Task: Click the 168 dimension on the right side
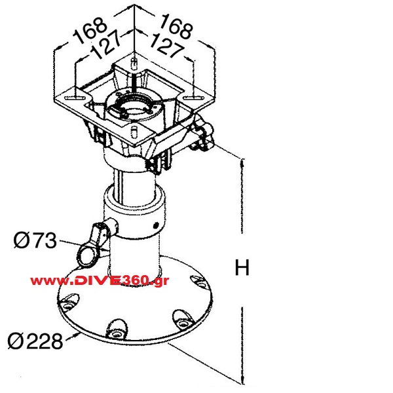pyautogui.click(x=176, y=26)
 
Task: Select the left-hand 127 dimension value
pyautogui.click(x=105, y=45)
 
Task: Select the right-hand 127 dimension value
pyautogui.click(x=166, y=45)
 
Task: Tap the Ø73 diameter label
pyautogui.click(x=35, y=240)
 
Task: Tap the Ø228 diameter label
pyautogui.click(x=35, y=341)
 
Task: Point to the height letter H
pyautogui.click(x=242, y=267)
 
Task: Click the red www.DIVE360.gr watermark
pyautogui.click(x=100, y=281)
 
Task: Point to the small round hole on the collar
pyautogui.click(x=156, y=225)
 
